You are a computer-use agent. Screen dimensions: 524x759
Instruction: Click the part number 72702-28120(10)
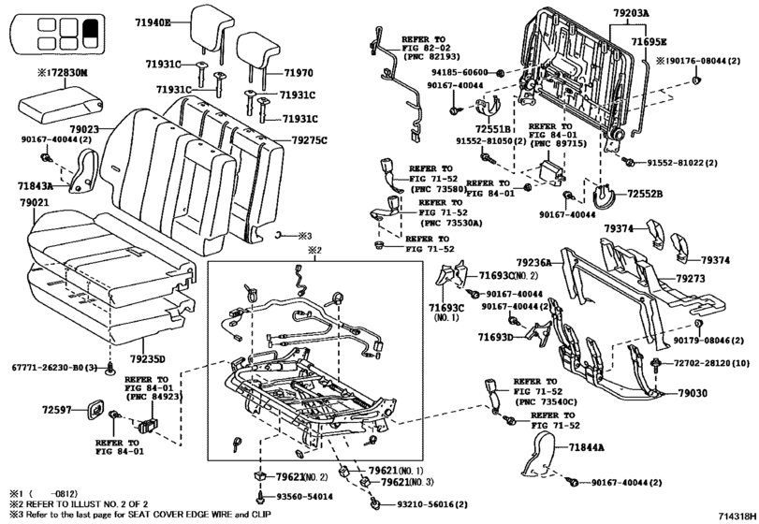[709, 361]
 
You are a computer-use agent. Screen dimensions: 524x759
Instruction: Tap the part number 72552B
[643, 193]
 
